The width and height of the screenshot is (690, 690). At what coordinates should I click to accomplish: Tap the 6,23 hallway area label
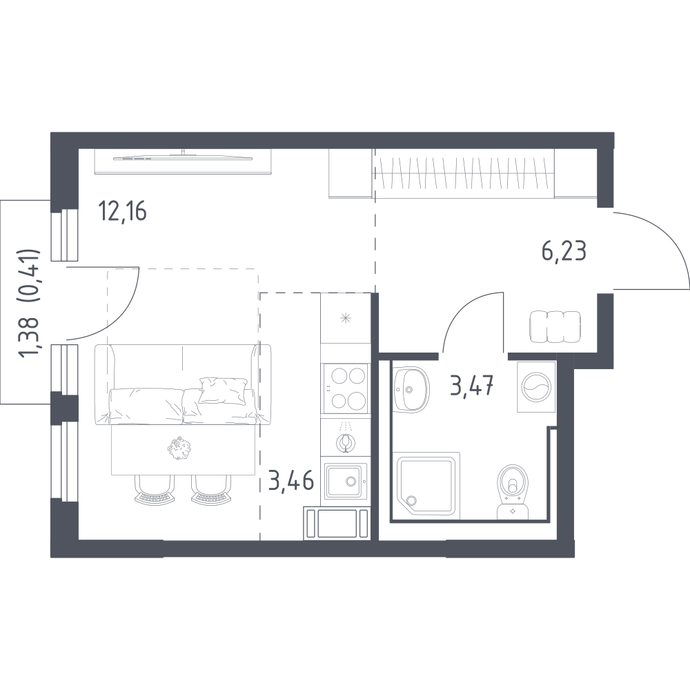tap(564, 252)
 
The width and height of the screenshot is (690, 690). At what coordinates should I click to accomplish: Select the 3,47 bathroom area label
tap(471, 386)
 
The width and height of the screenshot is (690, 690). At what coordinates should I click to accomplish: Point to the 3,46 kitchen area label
tap(291, 480)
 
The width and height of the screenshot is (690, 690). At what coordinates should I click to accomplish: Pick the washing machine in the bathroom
tap(536, 387)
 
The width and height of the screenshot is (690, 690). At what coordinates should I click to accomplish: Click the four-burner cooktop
tap(345, 388)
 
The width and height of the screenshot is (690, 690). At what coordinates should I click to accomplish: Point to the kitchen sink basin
tap(346, 482)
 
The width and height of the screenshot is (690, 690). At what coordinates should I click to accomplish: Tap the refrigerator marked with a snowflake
tap(346, 318)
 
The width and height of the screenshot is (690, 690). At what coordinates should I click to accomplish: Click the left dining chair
tap(154, 489)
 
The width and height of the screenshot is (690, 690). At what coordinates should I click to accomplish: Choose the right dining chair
tap(210, 489)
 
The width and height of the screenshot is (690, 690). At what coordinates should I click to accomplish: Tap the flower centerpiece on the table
tap(180, 448)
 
